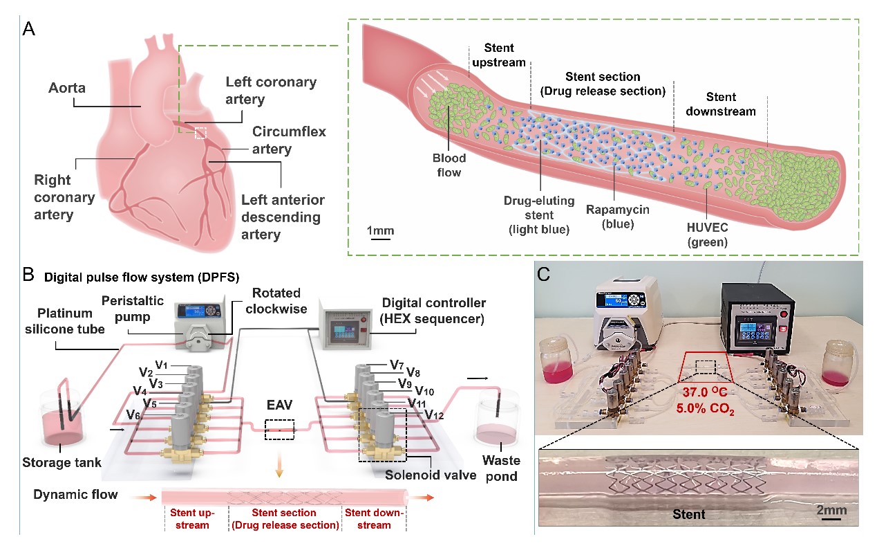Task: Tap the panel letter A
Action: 29,29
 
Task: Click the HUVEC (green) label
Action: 708,236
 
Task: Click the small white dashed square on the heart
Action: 200,132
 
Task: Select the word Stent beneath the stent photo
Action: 688,514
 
